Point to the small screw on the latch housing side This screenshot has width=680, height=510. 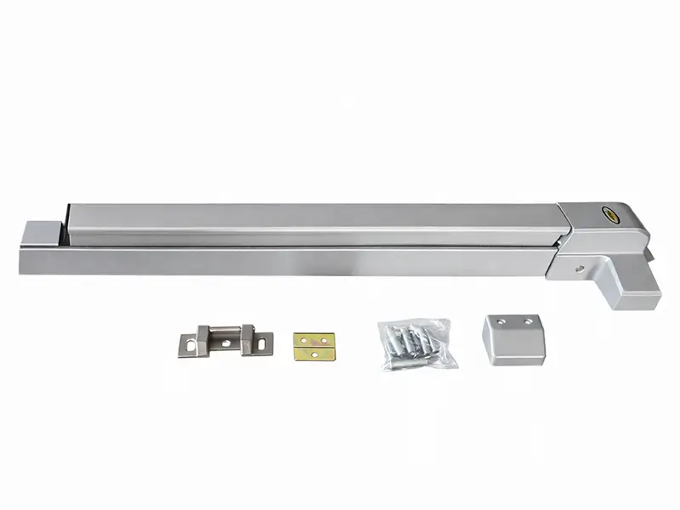point(579,269)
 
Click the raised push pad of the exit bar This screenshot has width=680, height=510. point(314,224)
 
